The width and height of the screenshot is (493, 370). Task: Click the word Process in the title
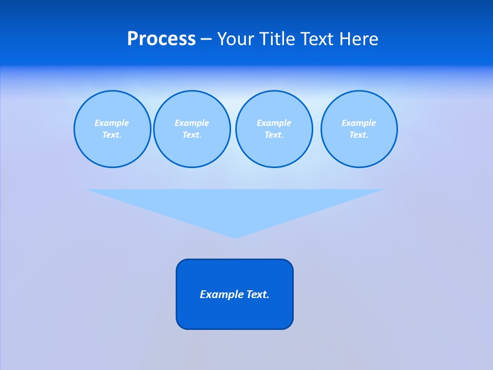(x=161, y=39)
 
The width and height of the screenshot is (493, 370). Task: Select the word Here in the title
(x=359, y=39)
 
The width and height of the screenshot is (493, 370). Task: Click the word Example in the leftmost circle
(x=112, y=123)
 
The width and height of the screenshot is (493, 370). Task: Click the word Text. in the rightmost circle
(x=359, y=135)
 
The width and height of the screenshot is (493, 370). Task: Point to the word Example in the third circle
(x=274, y=123)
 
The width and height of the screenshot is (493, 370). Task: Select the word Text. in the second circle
(x=192, y=135)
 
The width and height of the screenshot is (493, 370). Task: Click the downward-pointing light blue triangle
(x=235, y=206)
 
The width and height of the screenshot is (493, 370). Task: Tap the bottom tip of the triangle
(x=235, y=237)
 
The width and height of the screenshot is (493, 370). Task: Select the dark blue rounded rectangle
(x=235, y=313)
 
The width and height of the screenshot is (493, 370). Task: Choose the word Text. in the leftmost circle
(x=112, y=135)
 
